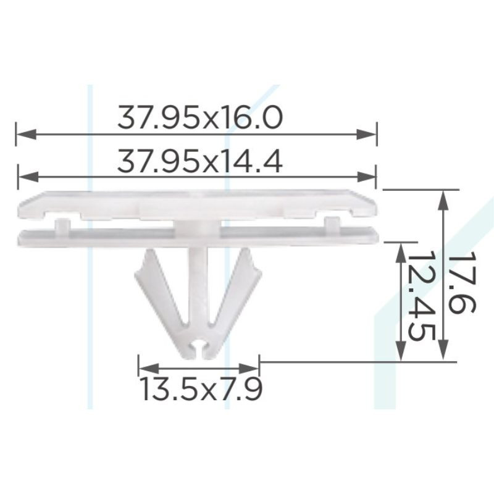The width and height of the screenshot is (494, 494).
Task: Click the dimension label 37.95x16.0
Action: point(199,117)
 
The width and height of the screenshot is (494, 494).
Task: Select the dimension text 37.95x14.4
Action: point(199,161)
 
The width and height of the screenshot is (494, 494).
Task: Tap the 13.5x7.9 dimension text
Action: point(201,389)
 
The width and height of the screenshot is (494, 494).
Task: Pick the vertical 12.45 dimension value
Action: point(422,296)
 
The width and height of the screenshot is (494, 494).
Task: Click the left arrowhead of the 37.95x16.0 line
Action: point(26,135)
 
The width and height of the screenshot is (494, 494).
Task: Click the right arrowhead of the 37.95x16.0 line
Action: point(366,135)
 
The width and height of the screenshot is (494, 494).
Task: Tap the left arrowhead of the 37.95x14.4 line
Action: point(28,177)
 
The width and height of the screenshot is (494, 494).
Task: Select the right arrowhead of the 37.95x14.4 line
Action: point(366,177)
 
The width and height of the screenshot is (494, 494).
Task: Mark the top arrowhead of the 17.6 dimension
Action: point(443,199)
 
